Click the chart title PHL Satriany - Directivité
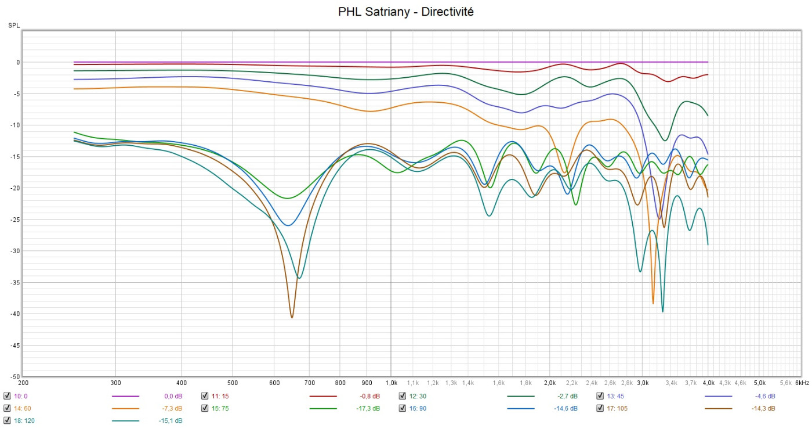point(406,12)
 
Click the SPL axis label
point(13,26)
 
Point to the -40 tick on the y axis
point(16,314)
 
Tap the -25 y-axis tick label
point(16,220)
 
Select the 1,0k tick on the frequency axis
point(391,383)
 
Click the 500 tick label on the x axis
point(232,383)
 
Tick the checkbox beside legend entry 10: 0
point(7,396)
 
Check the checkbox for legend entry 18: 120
point(7,420)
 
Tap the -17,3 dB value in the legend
point(368,408)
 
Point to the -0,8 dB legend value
point(369,396)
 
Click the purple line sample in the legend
point(125,396)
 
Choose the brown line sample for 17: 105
point(718,408)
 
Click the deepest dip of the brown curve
point(292,317)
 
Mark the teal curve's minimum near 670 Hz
point(299,278)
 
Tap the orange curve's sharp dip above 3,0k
point(653,303)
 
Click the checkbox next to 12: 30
point(403,396)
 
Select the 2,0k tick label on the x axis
point(550,383)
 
